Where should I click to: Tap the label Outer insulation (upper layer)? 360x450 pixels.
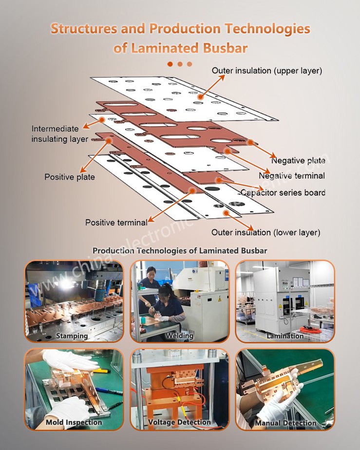click(x=266, y=71)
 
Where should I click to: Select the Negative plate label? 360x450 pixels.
click(x=298, y=161)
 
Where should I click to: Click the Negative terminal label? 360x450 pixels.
click(x=291, y=176)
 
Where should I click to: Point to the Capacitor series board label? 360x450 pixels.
click(x=283, y=192)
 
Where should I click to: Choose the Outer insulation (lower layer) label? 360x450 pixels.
click(x=265, y=232)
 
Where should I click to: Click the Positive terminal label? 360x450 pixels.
click(x=116, y=223)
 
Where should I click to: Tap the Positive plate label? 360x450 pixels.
click(x=70, y=177)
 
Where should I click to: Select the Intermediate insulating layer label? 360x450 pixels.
click(x=59, y=134)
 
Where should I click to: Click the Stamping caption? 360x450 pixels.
click(x=72, y=336)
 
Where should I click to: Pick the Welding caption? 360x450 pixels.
click(x=179, y=336)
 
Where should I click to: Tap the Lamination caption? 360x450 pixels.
click(x=285, y=336)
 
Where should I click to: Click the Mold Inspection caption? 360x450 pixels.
click(x=74, y=422)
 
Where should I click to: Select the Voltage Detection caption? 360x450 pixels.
click(x=179, y=422)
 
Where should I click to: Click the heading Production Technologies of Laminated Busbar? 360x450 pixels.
click(x=180, y=250)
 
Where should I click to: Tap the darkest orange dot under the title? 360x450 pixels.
click(x=170, y=64)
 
